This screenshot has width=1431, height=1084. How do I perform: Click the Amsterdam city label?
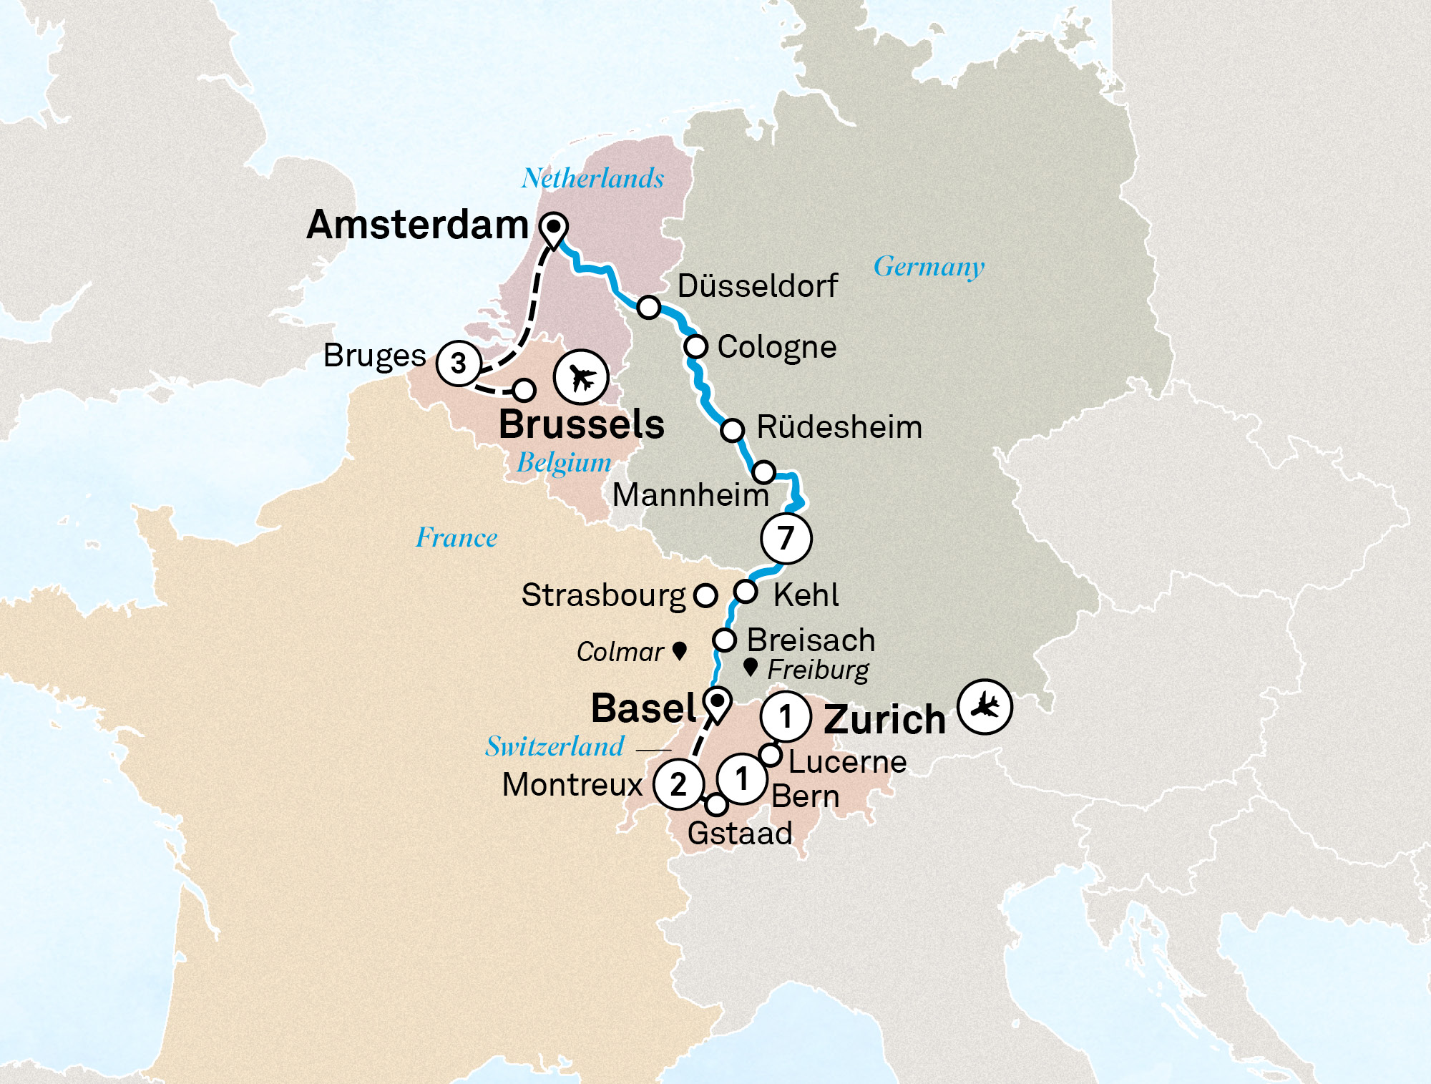pyautogui.click(x=418, y=225)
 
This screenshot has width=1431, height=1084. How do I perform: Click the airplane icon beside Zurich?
pyautogui.click(x=985, y=707)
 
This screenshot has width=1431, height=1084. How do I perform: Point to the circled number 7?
pyautogui.click(x=786, y=538)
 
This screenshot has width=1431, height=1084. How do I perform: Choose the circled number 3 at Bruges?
pyautogui.click(x=459, y=363)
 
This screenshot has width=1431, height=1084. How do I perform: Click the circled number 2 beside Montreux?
pyautogui.click(x=678, y=784)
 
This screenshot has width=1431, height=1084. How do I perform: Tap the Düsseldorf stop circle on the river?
pyautogui.click(x=649, y=307)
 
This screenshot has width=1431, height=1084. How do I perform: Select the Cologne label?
pyautogui.click(x=777, y=347)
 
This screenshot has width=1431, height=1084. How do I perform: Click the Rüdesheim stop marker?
pyautogui.click(x=733, y=430)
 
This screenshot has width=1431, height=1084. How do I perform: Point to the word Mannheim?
pyautogui.click(x=690, y=495)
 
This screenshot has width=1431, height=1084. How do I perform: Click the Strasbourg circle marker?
pyautogui.click(x=705, y=595)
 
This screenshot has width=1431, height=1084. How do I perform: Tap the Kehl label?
pyautogui.click(x=806, y=595)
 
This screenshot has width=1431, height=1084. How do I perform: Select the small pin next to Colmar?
pyautogui.click(x=680, y=650)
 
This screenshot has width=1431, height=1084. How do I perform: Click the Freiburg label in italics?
pyautogui.click(x=818, y=670)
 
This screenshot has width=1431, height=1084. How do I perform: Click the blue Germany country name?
pyautogui.click(x=929, y=267)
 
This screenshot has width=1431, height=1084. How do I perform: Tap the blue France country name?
pyautogui.click(x=456, y=537)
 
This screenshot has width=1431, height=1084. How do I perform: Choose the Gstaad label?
pyautogui.click(x=740, y=834)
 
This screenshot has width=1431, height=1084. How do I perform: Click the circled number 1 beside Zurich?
pyautogui.click(x=786, y=716)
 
